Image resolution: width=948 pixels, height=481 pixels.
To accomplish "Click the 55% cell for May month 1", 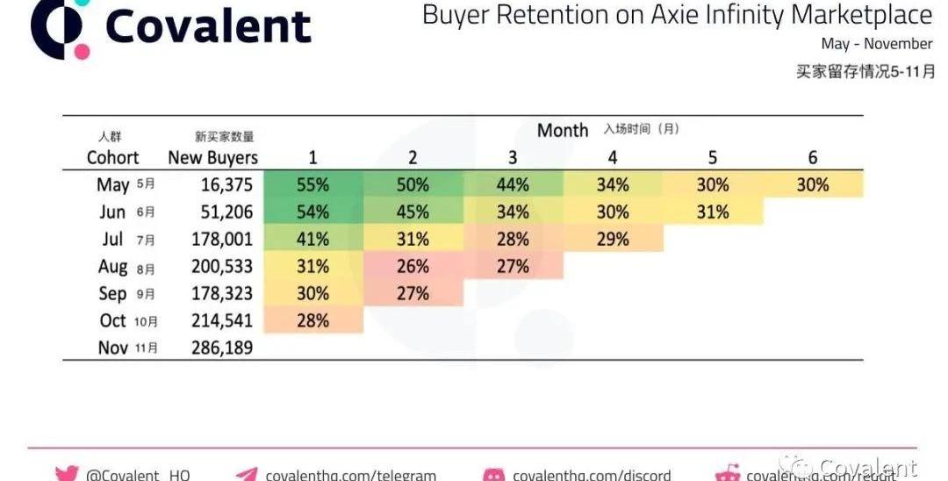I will point(313,185).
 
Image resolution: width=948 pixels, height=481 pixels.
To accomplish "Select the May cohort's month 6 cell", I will point(812,185).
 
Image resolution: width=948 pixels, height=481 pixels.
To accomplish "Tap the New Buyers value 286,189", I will point(222,348).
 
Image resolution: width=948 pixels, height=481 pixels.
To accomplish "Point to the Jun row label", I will point(113,212).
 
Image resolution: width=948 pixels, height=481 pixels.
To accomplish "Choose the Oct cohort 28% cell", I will point(313,320).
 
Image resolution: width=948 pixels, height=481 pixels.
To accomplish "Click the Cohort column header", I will point(112,158).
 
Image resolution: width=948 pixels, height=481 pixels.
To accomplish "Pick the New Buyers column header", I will point(213,158).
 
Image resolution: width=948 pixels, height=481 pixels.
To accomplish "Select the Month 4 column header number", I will point(613,158).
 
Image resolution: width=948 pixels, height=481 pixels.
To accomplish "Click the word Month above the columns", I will point(563,131).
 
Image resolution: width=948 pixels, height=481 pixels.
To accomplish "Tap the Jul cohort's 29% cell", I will point(613,240).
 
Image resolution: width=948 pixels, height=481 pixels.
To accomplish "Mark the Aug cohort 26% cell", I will point(413,266).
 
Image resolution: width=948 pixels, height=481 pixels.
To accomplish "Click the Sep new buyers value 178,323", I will point(222,293).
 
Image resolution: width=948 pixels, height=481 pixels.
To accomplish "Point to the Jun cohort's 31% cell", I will point(713,212).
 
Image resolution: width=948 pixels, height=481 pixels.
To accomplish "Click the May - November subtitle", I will point(876,43).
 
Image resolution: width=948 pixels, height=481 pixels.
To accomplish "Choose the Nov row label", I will point(113,348).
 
